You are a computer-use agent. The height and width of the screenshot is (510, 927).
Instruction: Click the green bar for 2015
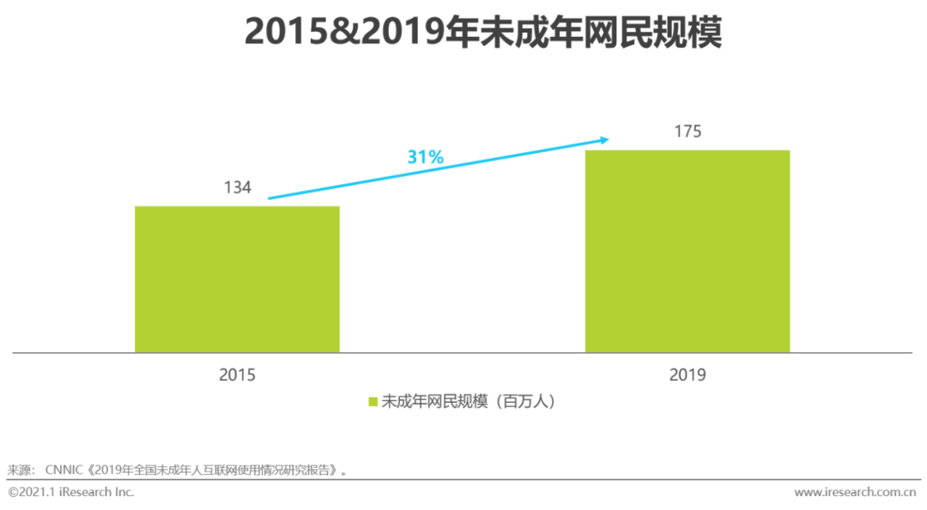click(x=237, y=279)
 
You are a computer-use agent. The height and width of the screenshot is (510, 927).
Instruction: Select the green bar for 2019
click(x=687, y=251)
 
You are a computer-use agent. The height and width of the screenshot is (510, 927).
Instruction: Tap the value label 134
click(x=237, y=187)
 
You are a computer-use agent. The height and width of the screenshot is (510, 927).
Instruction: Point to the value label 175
click(x=687, y=131)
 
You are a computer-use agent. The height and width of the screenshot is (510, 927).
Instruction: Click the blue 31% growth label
click(x=425, y=157)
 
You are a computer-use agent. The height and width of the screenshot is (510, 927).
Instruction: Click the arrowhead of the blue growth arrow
click(x=604, y=139)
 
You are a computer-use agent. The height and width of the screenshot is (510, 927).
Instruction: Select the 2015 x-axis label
click(x=237, y=375)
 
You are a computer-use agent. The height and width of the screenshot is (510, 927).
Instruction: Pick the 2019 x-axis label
click(x=687, y=375)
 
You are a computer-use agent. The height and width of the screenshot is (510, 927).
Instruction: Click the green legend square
click(x=373, y=401)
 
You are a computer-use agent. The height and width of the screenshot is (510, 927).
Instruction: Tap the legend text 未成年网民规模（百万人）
click(x=469, y=401)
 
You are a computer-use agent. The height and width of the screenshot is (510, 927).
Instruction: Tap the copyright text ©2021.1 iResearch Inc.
click(x=71, y=492)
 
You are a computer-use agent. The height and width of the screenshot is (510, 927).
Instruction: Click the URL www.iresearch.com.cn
click(x=857, y=492)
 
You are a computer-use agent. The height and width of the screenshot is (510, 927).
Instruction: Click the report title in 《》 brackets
click(x=215, y=471)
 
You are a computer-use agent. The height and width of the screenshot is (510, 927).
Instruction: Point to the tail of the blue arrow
click(x=271, y=198)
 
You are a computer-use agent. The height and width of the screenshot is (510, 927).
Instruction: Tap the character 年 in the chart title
click(x=466, y=33)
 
